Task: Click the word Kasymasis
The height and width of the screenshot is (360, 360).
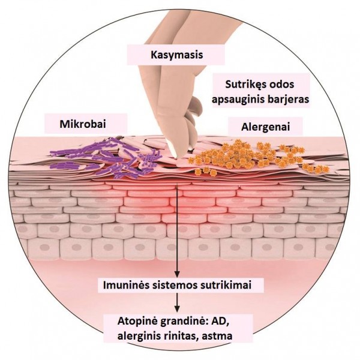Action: point(177,55)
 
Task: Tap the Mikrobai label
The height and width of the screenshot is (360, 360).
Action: point(83,124)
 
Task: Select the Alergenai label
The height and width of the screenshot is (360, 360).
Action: point(265,127)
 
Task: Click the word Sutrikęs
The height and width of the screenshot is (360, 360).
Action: point(243,85)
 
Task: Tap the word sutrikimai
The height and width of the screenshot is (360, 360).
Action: point(226,285)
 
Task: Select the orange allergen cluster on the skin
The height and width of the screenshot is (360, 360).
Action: point(257,157)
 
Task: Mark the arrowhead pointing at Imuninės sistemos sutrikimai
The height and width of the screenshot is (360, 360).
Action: point(177,274)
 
